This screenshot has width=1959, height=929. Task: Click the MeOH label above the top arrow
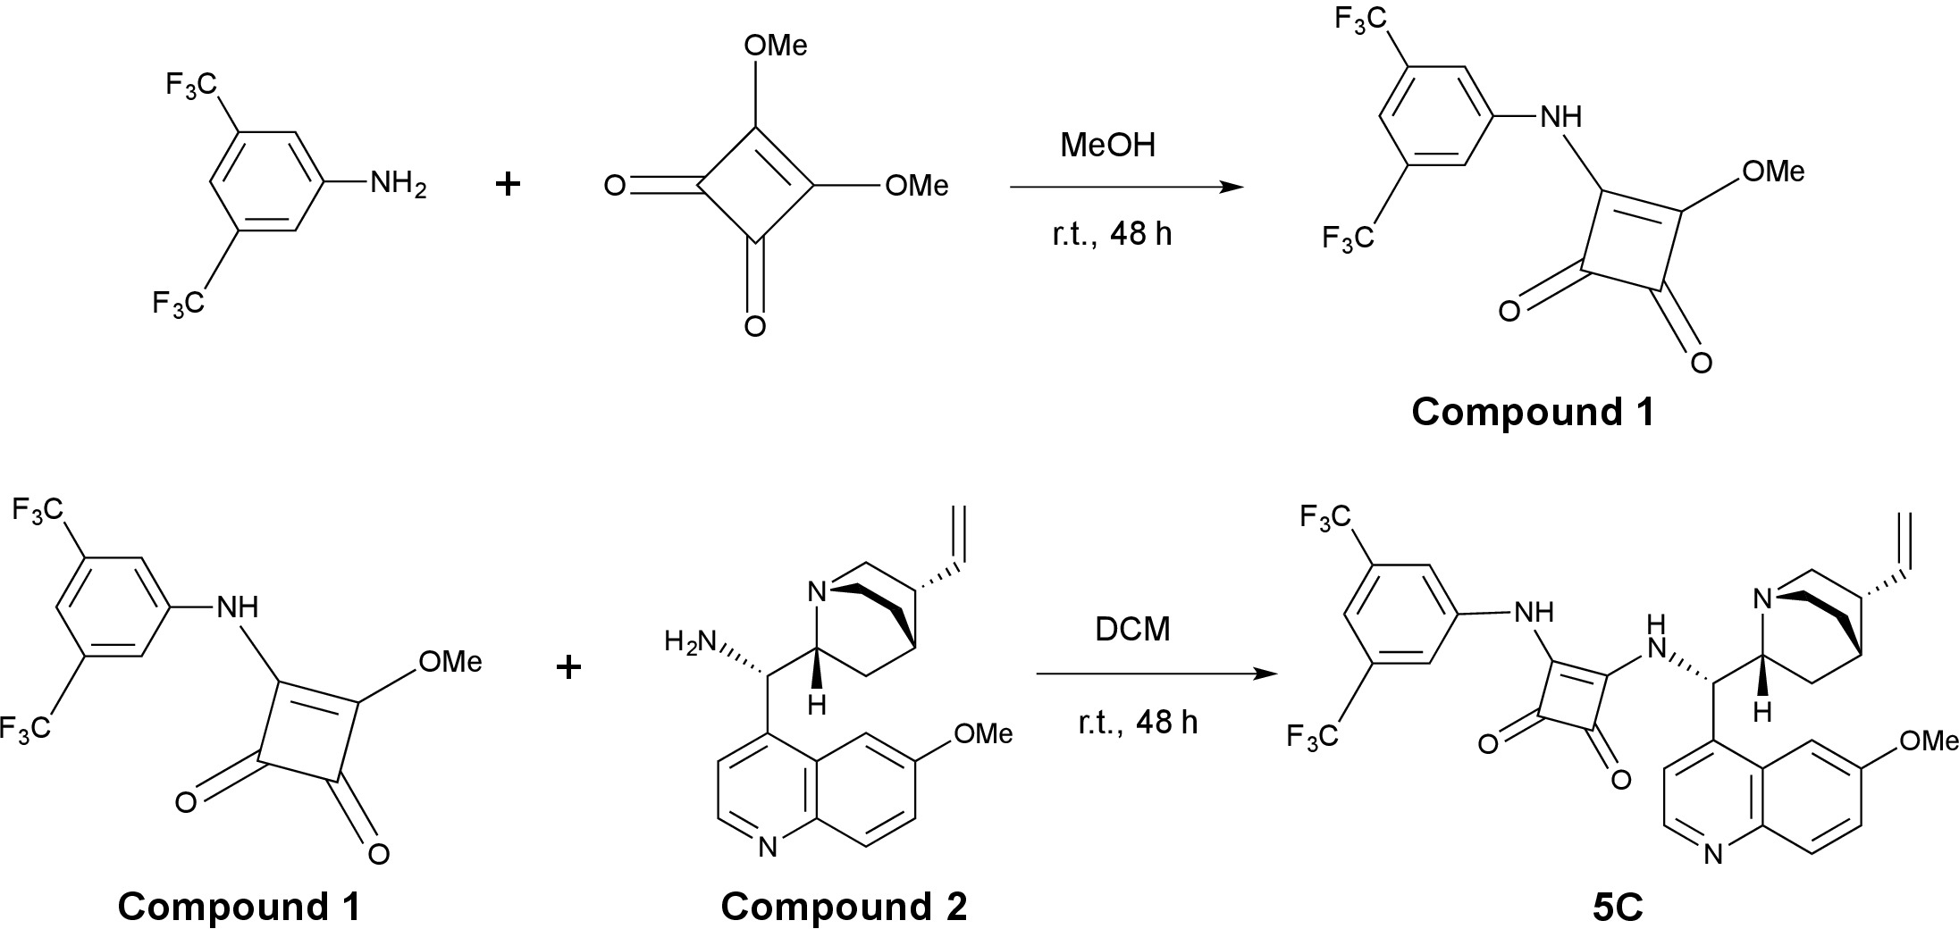1107,145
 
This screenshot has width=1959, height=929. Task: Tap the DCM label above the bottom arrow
1132,630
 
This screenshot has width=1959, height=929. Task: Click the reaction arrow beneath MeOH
1126,188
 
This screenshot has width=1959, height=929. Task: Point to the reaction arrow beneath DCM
1152,674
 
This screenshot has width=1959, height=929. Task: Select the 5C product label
1617,908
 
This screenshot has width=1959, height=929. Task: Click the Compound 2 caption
844,908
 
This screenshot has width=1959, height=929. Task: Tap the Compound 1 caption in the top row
1533,412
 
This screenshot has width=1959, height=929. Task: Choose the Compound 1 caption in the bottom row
240,908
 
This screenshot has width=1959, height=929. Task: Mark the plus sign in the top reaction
508,185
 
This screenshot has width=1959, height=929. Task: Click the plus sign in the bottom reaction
568,667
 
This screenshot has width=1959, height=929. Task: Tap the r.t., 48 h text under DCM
1137,722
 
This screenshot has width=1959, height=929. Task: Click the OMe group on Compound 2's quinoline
983,734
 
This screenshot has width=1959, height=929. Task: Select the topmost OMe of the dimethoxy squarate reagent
775,46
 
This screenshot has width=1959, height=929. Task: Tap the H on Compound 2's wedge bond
816,705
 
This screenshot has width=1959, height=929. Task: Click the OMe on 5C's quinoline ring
1929,741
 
